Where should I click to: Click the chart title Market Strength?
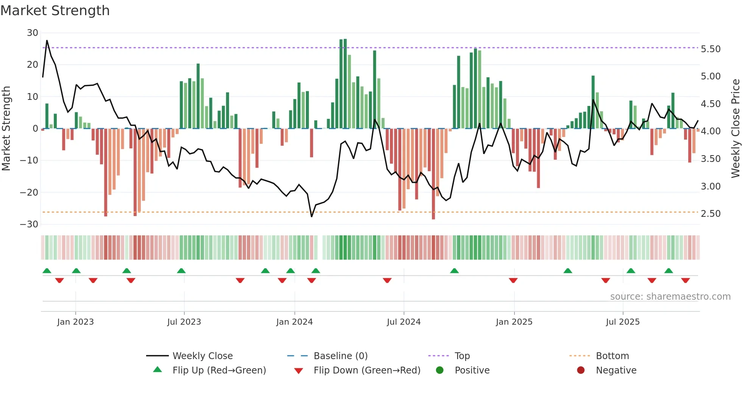click(x=55, y=11)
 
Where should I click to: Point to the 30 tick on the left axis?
click(x=33, y=33)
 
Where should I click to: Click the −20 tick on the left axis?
click(x=29, y=192)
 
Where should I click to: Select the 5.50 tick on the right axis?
click(x=711, y=49)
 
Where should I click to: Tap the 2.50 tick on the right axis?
click(x=711, y=214)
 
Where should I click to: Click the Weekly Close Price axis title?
click(x=735, y=128)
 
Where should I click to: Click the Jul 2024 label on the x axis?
click(x=404, y=322)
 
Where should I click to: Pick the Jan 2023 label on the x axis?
click(x=75, y=322)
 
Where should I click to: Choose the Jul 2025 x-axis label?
click(x=623, y=322)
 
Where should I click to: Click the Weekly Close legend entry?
click(x=203, y=356)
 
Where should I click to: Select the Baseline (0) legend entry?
click(x=340, y=356)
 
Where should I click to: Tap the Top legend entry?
click(x=462, y=356)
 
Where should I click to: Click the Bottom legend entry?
click(x=612, y=356)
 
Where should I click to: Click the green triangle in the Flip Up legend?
click(x=157, y=370)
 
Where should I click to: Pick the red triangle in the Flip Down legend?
click(x=298, y=371)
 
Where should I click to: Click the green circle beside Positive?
click(x=440, y=370)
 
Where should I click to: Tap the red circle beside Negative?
click(x=581, y=370)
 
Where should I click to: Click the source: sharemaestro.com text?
click(x=670, y=297)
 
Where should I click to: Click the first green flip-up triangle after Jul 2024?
click(x=454, y=271)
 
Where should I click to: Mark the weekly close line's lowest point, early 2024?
click(x=312, y=216)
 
